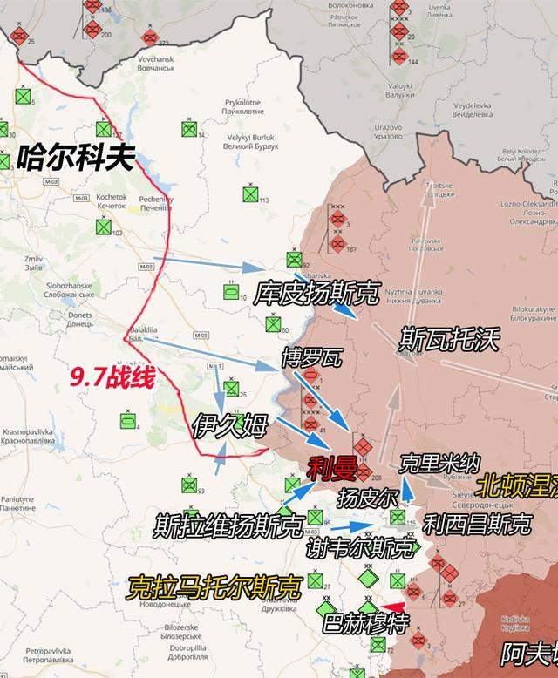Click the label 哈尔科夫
pyautogui.click(x=76, y=159)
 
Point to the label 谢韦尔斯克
pyautogui.click(x=361, y=547)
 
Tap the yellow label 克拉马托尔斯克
pyautogui.click(x=214, y=586)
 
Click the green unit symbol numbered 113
pyautogui.click(x=251, y=196)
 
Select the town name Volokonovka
pyautogui.click(x=326, y=6)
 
